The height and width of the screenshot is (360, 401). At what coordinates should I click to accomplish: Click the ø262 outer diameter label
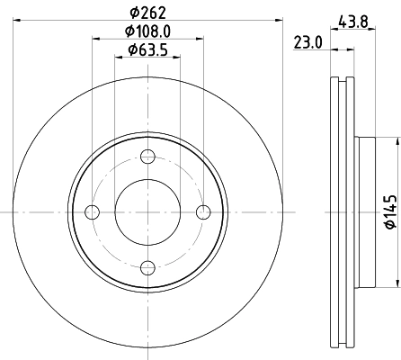(x=148, y=13)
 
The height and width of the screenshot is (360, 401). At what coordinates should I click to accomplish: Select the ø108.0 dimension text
(x=148, y=31)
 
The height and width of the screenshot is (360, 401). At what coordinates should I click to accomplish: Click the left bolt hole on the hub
(x=92, y=212)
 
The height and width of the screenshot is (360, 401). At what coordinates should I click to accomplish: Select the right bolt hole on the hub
(x=204, y=212)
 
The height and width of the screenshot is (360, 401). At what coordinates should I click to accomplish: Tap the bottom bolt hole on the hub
(x=147, y=267)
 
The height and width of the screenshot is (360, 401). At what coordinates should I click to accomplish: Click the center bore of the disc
(x=147, y=212)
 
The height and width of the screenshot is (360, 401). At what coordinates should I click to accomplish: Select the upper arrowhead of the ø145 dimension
(x=396, y=140)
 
